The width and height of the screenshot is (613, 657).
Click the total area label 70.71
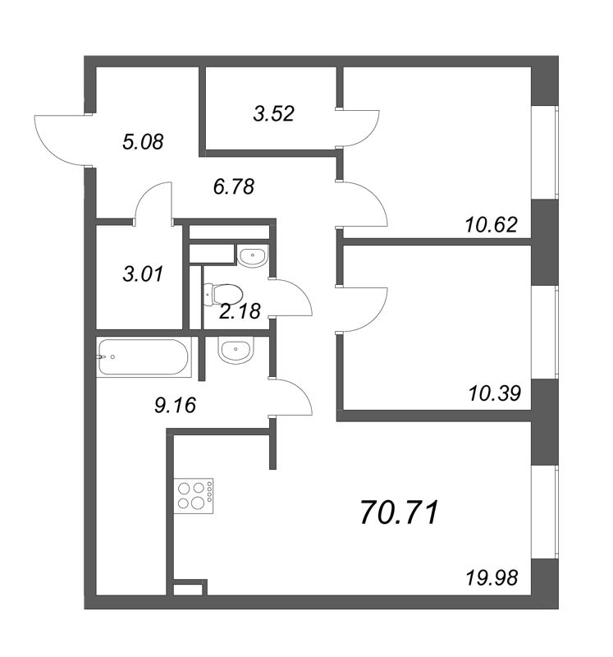pyautogui.click(x=399, y=512)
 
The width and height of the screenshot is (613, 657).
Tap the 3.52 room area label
pyautogui.click(x=274, y=113)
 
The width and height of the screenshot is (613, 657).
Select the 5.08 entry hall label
pyautogui.click(x=143, y=142)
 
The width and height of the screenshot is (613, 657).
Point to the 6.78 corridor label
pyautogui.click(x=234, y=186)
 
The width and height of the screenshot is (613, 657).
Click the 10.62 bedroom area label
pyautogui.click(x=492, y=225)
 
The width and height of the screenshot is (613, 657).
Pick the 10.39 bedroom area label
pyautogui.click(x=495, y=393)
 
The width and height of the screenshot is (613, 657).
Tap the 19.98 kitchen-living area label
pyautogui.click(x=492, y=579)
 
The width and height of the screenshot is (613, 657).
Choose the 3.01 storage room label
pyautogui.click(x=143, y=274)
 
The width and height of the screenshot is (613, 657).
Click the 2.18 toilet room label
pyautogui.click(x=240, y=311)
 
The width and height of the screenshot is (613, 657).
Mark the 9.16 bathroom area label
pyautogui.click(x=175, y=405)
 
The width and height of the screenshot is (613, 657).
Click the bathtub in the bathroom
pyautogui.click(x=144, y=357)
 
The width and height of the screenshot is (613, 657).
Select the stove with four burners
pyautogui.click(x=195, y=496)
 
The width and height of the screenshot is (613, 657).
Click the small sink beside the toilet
pyautogui.click(x=252, y=255)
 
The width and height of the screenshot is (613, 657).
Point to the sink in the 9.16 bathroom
pyautogui.click(x=236, y=350)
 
